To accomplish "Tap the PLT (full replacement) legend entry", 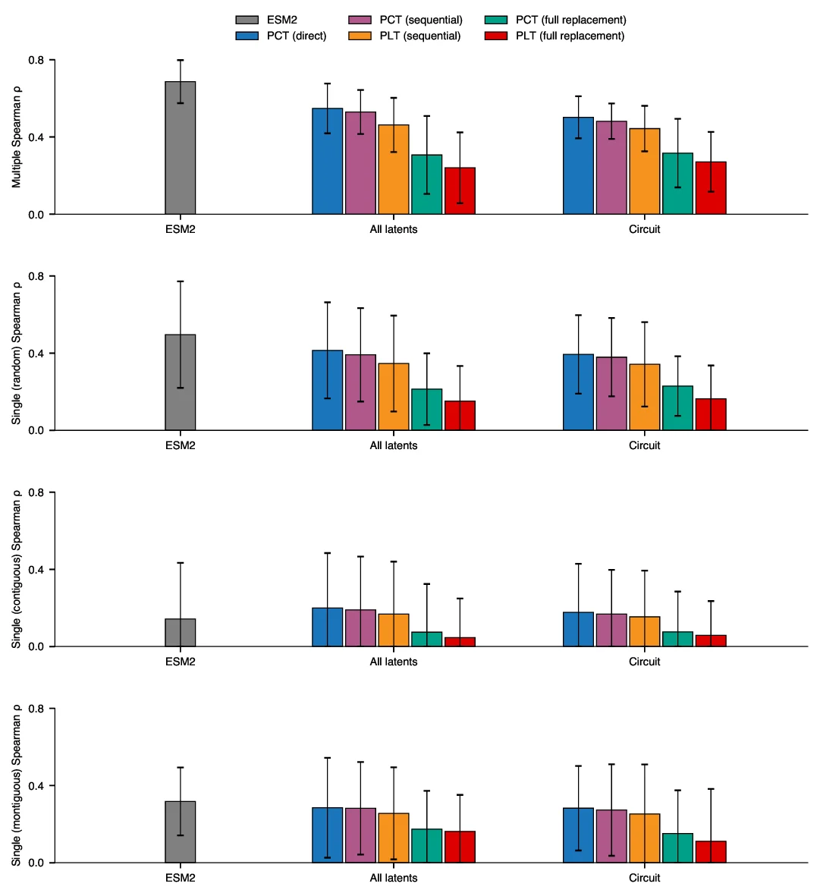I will [554, 36].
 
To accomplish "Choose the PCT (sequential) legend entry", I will [405, 20].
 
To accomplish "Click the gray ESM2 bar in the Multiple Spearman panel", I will [181, 148].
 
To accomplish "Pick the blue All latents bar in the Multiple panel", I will [328, 161].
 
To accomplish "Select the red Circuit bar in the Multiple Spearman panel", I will [711, 188].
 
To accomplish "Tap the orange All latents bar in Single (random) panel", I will [394, 397].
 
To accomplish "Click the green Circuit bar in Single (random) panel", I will [677, 408].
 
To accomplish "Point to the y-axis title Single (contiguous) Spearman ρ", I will [17, 569].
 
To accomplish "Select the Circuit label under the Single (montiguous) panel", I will [644, 878].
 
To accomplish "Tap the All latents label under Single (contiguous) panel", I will [393, 662].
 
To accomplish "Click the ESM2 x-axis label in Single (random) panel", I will [181, 445].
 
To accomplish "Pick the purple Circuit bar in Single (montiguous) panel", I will [611, 836].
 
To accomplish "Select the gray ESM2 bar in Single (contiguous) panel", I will [181, 633].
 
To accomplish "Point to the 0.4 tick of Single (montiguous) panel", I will [36, 785].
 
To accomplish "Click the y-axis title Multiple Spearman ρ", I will [17, 137].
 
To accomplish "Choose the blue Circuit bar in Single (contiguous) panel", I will [578, 629].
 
